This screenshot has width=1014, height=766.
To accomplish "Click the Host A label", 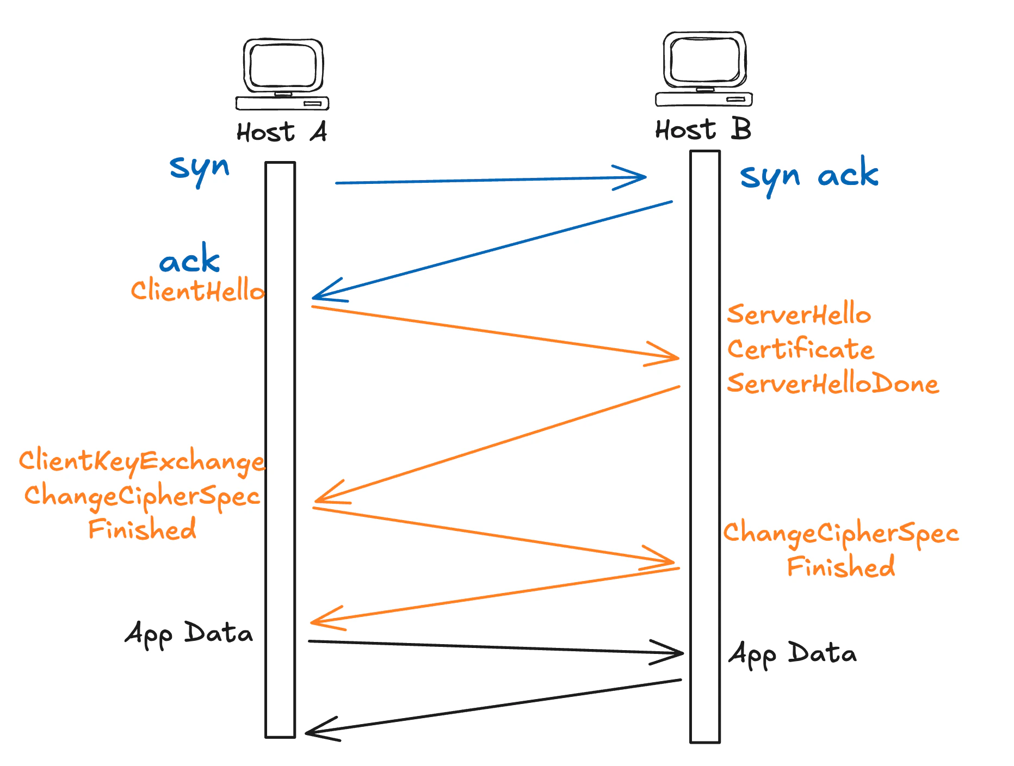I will tap(282, 132).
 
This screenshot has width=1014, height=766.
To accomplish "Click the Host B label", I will tap(703, 130).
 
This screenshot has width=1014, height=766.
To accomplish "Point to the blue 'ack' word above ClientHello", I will tap(189, 260).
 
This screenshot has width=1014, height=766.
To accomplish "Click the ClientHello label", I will tap(198, 290).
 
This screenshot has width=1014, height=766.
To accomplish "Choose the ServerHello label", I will tap(799, 314).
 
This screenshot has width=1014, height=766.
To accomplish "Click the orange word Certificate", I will tap(801, 349).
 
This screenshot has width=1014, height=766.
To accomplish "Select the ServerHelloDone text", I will tap(833, 384).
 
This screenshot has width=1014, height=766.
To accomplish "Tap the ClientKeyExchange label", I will tap(142, 461).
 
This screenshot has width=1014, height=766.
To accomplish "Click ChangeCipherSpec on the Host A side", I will tap(142, 496).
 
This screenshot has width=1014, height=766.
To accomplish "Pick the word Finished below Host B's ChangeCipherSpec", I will tap(841, 567).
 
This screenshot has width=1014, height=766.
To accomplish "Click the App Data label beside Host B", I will tap(793, 654).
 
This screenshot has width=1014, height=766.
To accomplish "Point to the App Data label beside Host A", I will tap(189, 634).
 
